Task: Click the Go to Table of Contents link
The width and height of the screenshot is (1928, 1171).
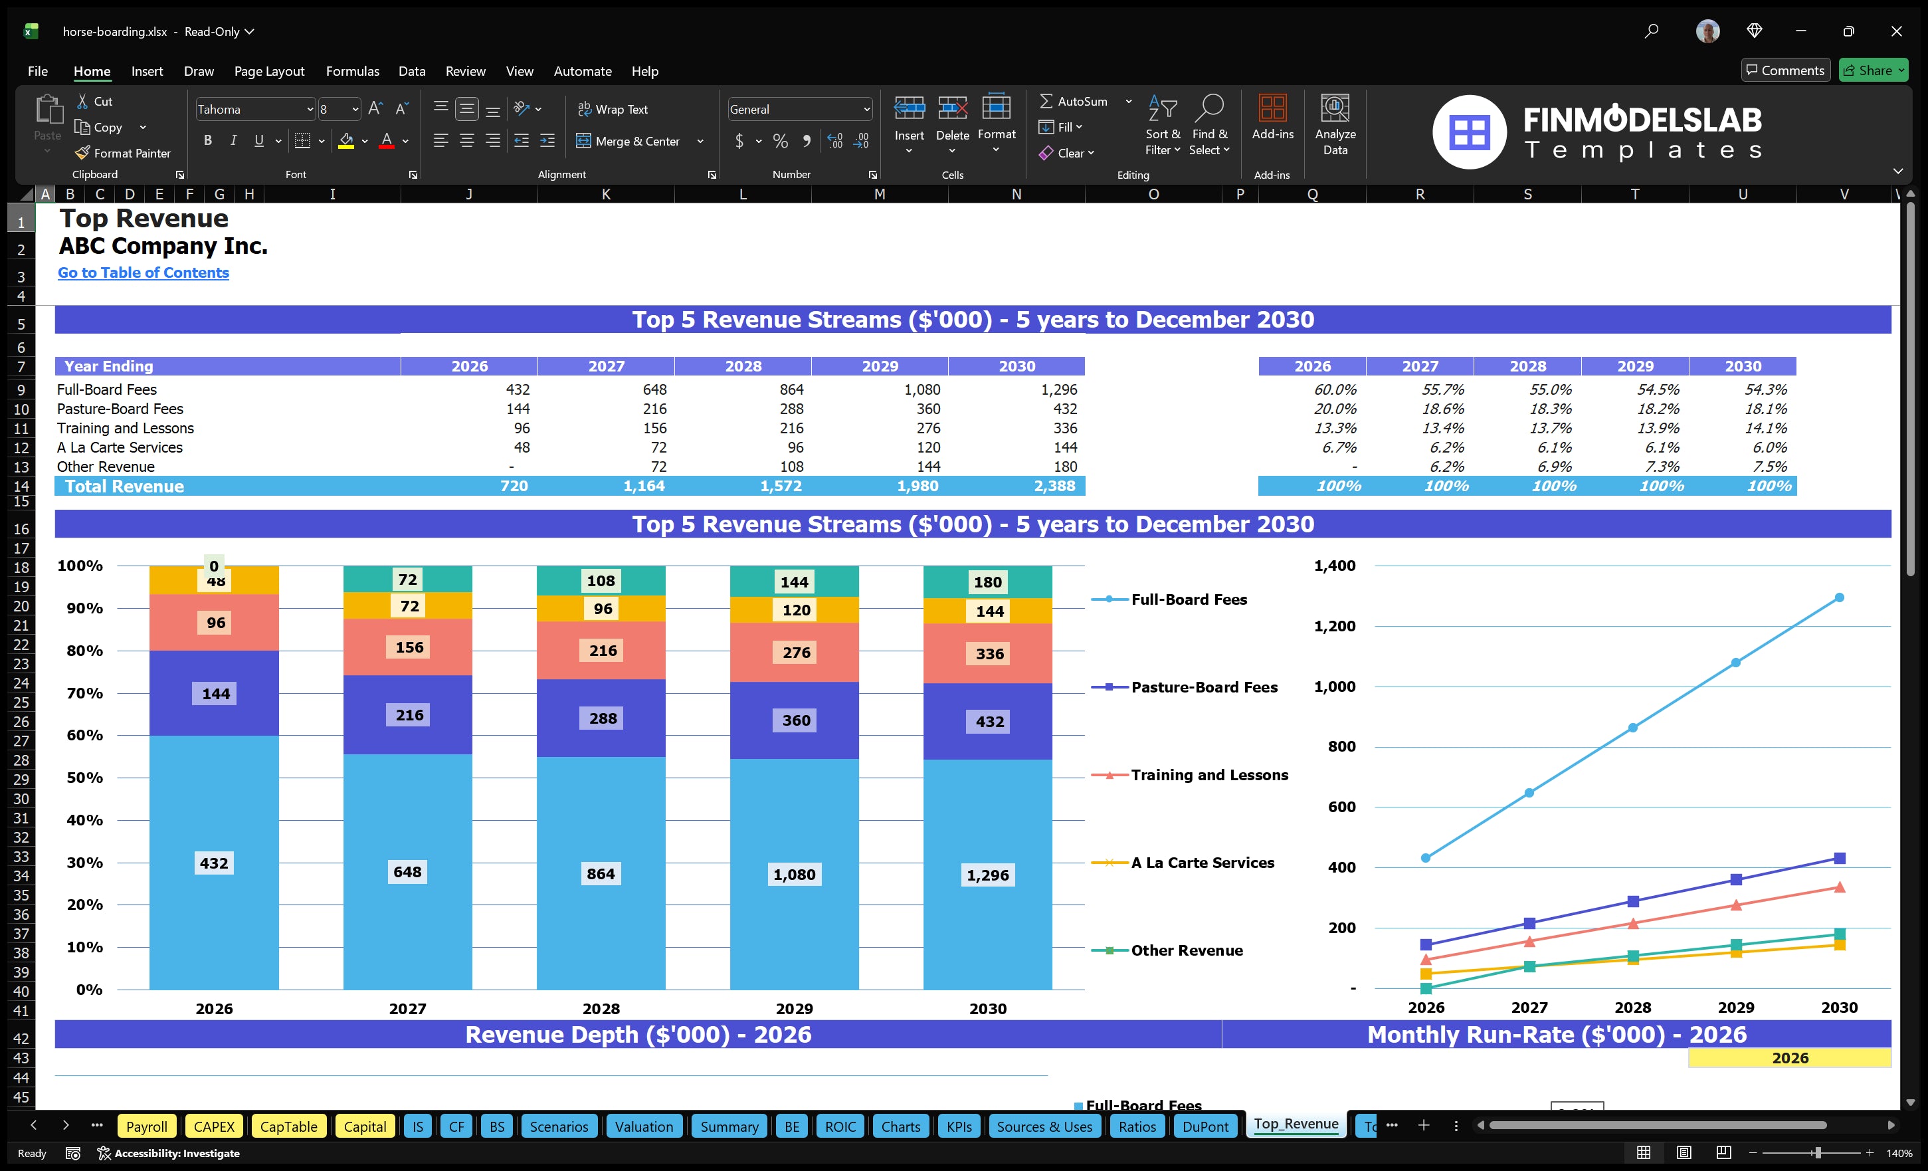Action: tap(144, 272)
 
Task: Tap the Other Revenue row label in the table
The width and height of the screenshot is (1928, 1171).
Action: tap(106, 467)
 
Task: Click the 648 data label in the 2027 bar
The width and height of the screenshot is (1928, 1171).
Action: tap(407, 872)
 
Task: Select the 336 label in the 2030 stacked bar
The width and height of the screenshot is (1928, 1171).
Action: tap(989, 653)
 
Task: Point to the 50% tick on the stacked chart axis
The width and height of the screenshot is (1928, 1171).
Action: tap(84, 778)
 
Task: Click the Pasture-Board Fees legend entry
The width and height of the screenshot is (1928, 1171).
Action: tap(1203, 687)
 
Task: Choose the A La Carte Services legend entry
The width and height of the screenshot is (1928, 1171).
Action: tap(1202, 863)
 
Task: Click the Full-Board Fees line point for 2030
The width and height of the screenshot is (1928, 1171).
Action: tap(1839, 598)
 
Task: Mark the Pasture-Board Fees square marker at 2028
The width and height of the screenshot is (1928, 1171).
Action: tap(1633, 902)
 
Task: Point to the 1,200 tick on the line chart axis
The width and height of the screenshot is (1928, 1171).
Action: tap(1334, 626)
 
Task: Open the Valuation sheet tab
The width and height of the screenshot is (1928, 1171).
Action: tap(643, 1126)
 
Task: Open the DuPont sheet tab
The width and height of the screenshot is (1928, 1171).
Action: tap(1205, 1126)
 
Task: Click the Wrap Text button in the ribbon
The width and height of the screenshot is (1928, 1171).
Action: tap(613, 110)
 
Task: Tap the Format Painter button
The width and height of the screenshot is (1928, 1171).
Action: tap(124, 154)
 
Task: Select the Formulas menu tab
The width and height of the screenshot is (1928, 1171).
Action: tap(352, 71)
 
